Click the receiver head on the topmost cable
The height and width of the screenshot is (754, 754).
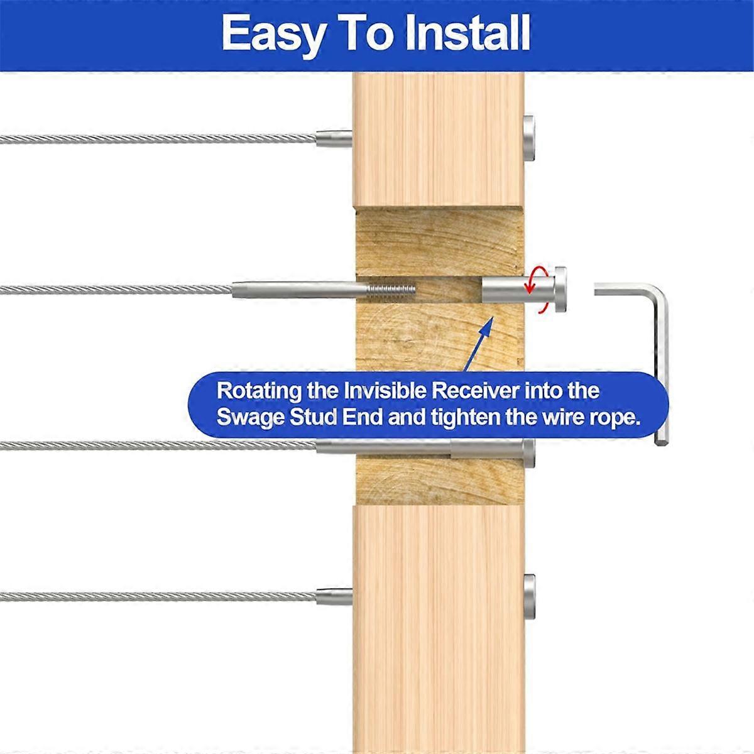pyautogui.click(x=530, y=139)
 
